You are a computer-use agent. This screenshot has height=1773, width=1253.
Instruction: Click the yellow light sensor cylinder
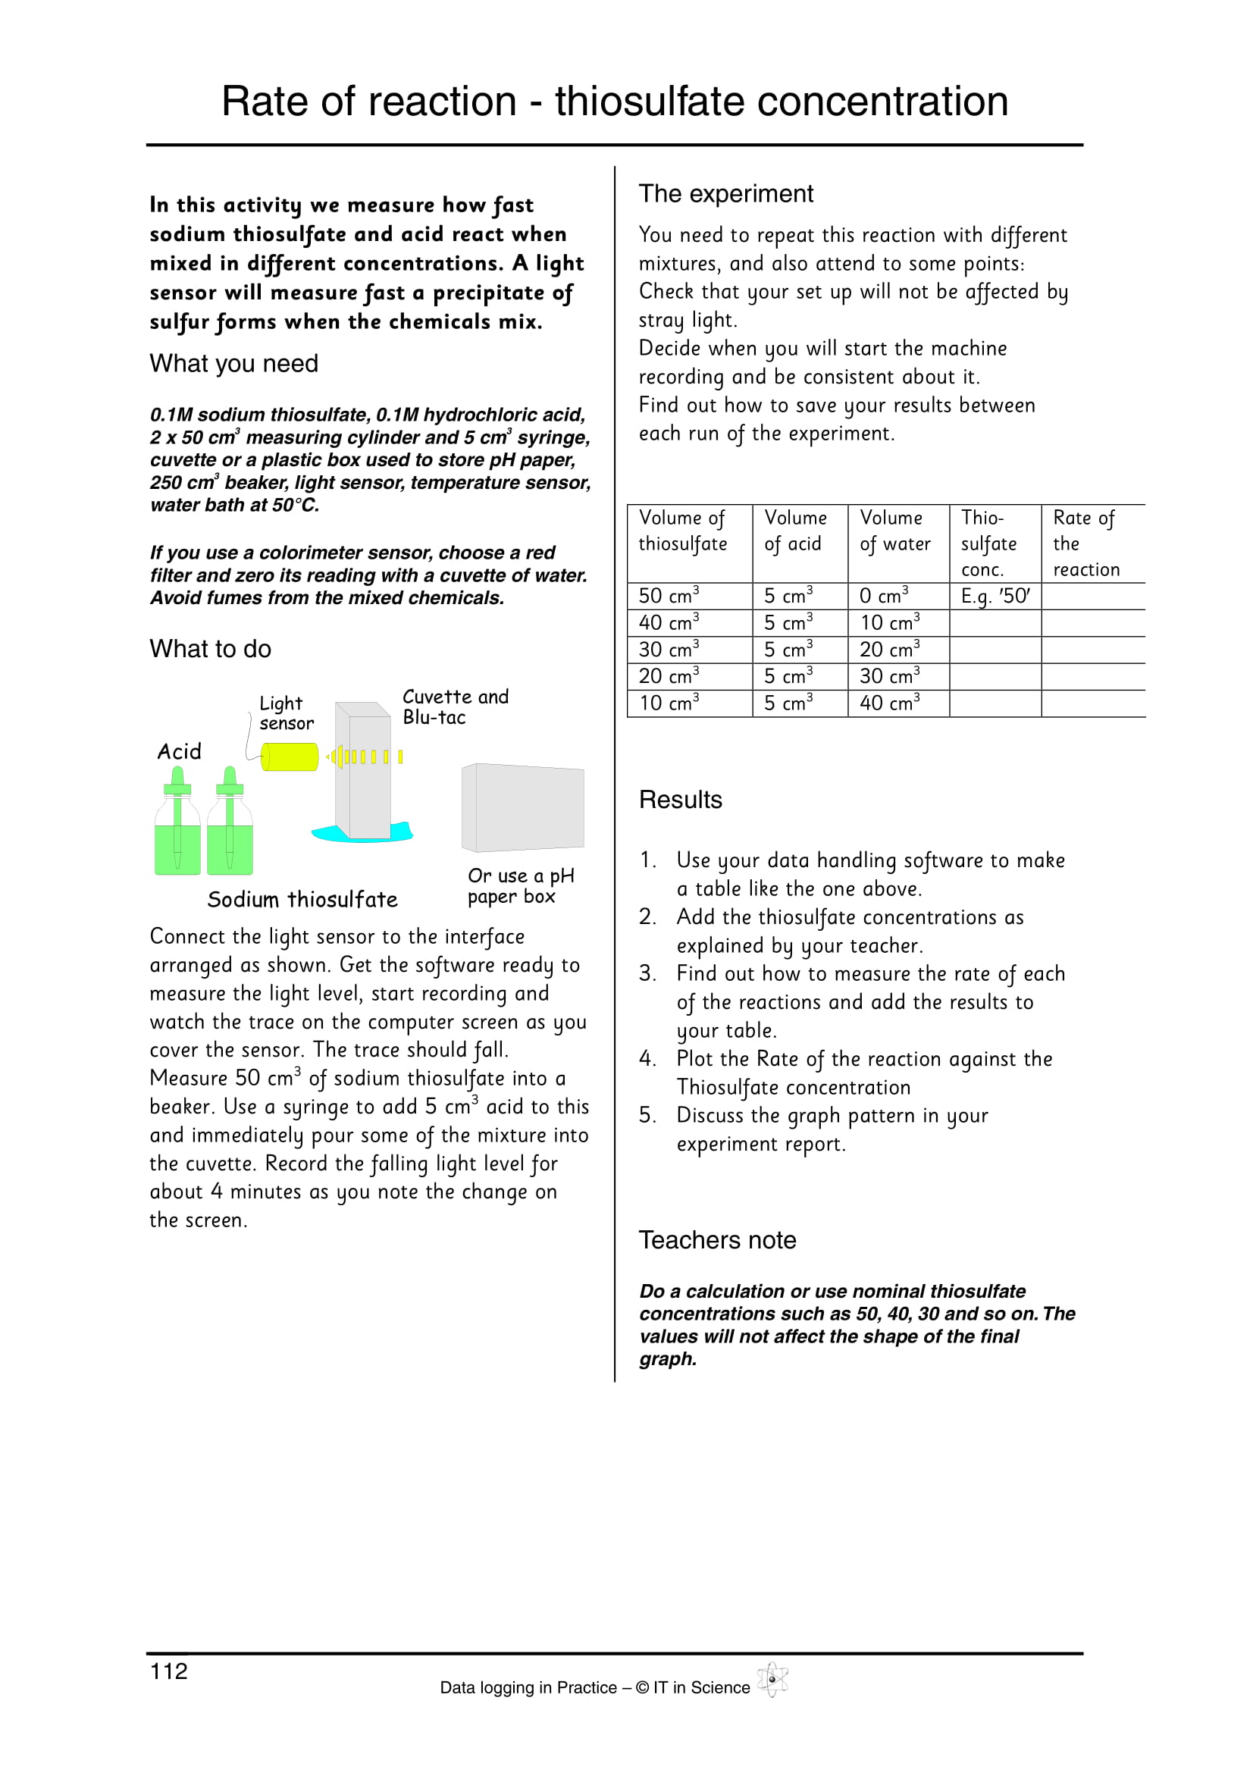tap(290, 757)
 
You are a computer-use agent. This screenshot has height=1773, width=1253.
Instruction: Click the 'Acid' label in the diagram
tap(179, 751)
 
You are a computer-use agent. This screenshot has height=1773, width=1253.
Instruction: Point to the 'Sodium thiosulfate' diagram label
tap(302, 900)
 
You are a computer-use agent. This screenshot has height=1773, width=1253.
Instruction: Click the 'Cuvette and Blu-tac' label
tap(455, 706)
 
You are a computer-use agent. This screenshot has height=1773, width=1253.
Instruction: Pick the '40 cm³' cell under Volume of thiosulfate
tap(669, 622)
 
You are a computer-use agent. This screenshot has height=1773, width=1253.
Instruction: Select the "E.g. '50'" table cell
tap(995, 596)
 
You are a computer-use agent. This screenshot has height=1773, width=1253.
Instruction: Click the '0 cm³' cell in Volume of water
tap(883, 596)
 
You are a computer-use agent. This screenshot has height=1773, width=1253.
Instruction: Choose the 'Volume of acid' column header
tap(794, 531)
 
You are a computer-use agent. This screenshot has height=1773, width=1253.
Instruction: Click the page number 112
tap(168, 1671)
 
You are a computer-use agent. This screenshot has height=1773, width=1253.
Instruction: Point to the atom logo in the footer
tap(772, 1681)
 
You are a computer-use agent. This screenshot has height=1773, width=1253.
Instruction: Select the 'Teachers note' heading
tap(717, 1239)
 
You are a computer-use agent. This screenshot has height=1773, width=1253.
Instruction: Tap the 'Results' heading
tap(680, 799)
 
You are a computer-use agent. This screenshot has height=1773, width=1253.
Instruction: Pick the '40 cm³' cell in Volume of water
tap(889, 703)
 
